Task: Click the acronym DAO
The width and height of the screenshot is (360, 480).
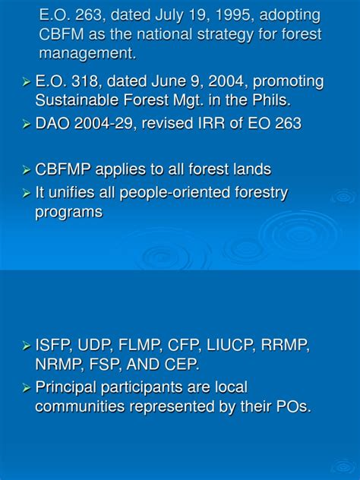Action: (x=53, y=124)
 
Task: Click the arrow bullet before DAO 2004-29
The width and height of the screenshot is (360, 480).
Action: (x=26, y=125)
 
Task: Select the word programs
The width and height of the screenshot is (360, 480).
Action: (x=68, y=212)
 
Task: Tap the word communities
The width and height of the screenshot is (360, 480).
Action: (x=80, y=406)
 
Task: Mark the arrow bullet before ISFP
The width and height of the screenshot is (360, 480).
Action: (x=26, y=346)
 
